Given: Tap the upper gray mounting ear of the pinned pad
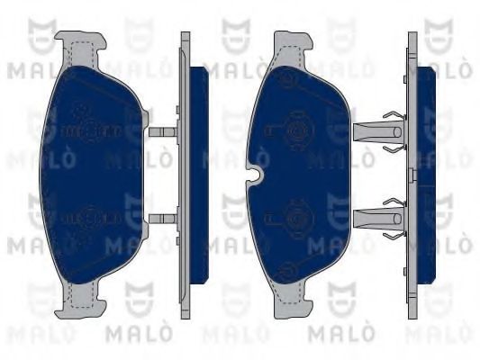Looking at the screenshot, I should [x=79, y=42].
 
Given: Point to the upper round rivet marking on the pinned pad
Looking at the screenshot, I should [x=87, y=131].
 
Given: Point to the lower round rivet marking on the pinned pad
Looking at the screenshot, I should [x=87, y=217].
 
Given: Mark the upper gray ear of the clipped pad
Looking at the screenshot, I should [x=290, y=44].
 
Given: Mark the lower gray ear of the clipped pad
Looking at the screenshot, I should [x=290, y=305].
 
